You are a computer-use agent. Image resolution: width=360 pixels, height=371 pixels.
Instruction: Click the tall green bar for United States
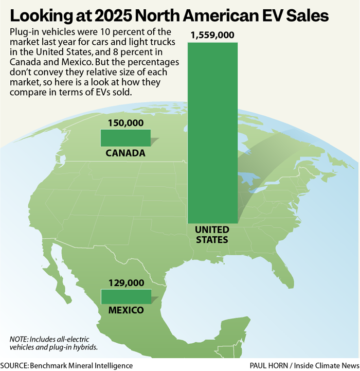coord(212,133)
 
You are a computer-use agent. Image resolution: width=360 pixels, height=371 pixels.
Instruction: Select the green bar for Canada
coord(125,138)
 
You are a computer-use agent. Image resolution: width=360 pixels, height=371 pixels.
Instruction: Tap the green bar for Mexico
coord(125,297)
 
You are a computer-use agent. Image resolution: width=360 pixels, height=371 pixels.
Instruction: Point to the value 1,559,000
coord(212,36)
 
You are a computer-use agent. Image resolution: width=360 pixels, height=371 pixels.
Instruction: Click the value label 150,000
coord(125,123)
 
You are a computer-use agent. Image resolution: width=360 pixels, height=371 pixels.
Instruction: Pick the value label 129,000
coord(125,282)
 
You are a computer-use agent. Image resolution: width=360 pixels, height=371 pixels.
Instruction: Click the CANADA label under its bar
coord(125,153)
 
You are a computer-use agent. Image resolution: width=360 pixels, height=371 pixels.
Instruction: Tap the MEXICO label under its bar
coord(125,311)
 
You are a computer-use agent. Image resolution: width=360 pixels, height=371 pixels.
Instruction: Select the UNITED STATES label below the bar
coord(212,235)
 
